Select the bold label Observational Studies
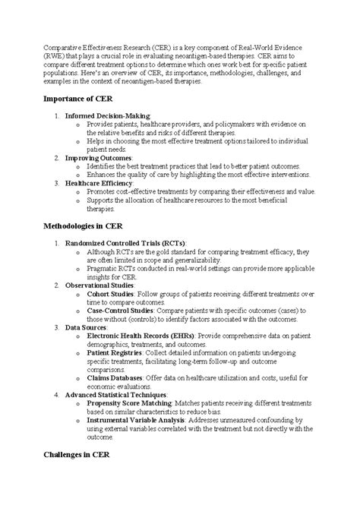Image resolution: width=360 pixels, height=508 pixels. point(99,286)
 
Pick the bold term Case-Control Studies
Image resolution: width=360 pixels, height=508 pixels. point(122,311)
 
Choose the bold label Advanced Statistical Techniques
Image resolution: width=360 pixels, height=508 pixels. point(118,396)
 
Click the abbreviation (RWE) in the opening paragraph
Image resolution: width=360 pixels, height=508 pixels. point(53,57)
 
